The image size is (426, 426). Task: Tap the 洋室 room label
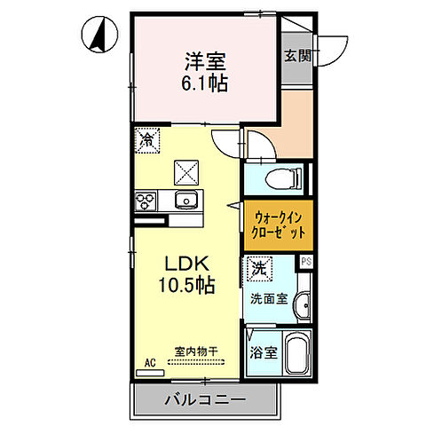tap(206, 63)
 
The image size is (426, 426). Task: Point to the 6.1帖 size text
tap(206, 85)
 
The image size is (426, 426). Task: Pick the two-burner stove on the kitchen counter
tap(145, 201)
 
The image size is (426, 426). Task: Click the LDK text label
tap(185, 264)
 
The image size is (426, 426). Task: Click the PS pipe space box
tap(306, 262)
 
